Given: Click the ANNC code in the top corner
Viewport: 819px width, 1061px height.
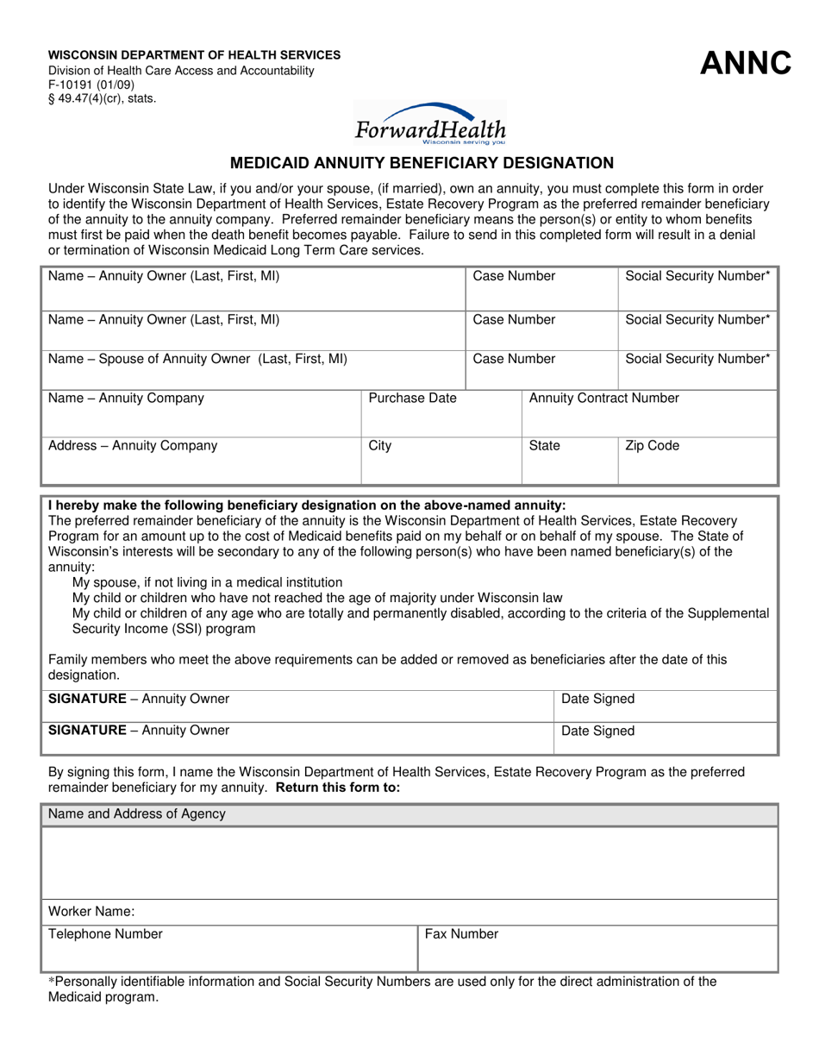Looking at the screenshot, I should coord(746,63).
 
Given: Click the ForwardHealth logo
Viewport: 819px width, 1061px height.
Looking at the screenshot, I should coord(430,123).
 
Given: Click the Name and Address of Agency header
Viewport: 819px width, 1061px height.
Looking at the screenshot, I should coord(137,813).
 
